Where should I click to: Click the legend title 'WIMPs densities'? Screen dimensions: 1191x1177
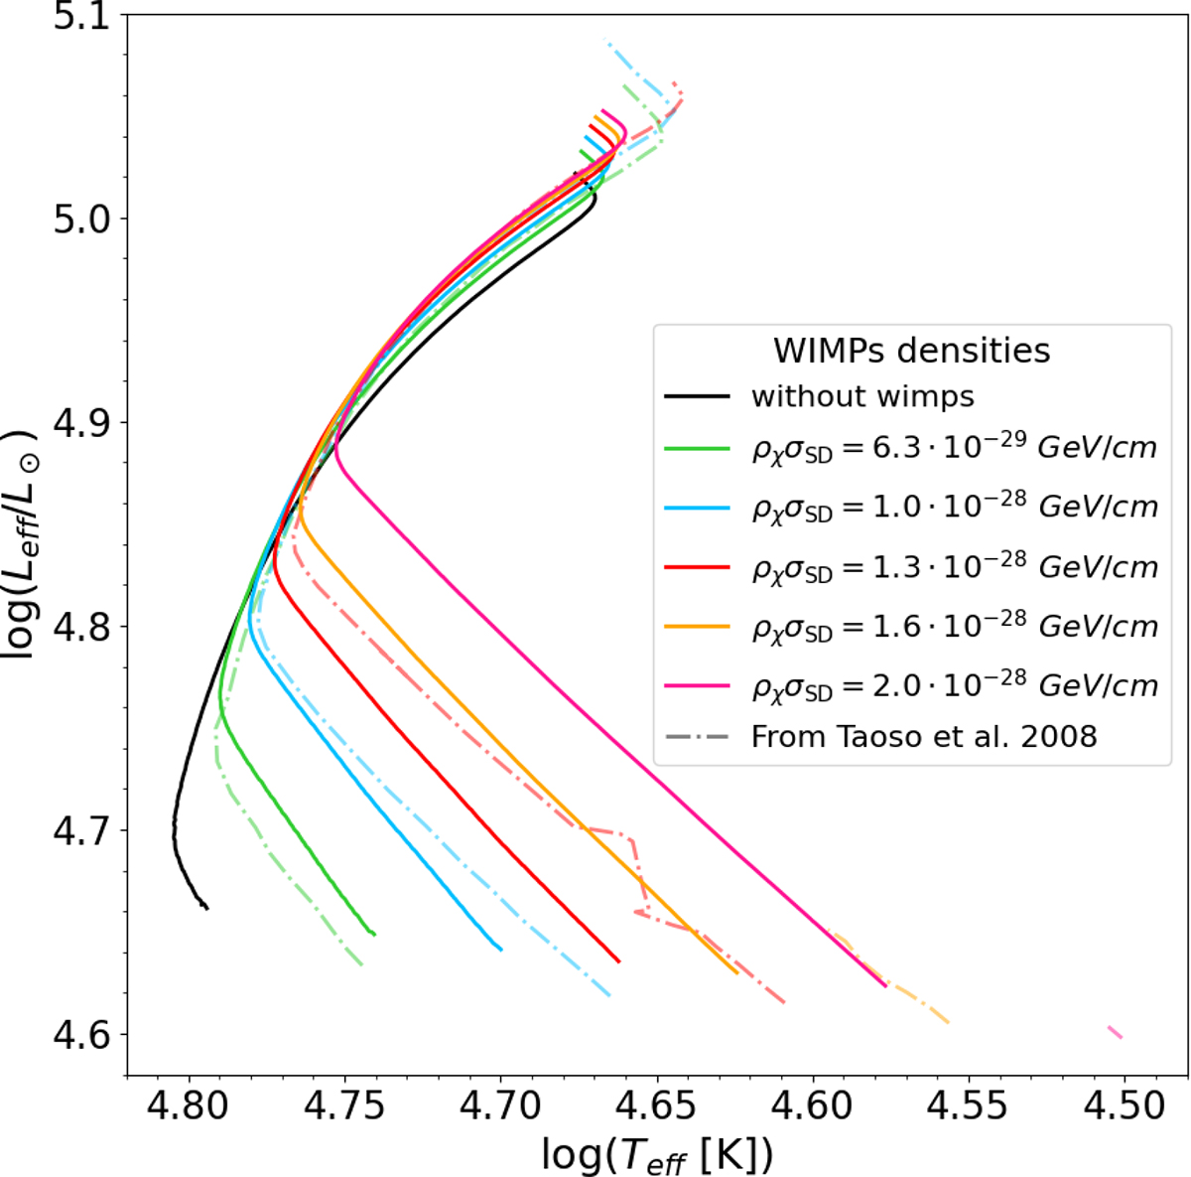[x=912, y=351]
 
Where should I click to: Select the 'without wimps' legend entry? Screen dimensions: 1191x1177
[x=820, y=396]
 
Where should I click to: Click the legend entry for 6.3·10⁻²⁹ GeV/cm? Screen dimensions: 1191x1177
[x=911, y=449]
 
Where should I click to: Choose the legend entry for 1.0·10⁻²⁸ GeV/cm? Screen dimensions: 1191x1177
[x=911, y=509]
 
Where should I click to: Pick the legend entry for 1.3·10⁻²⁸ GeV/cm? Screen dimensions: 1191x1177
[x=911, y=567]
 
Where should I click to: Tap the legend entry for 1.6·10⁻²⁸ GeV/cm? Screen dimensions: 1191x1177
[x=911, y=627]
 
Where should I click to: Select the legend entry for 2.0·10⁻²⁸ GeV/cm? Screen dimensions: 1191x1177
[x=911, y=686]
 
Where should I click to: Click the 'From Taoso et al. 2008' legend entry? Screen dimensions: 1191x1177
[x=880, y=737]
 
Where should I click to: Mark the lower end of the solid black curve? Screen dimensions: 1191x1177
[x=207, y=909]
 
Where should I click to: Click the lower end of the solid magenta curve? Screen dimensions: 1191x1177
[x=885, y=986]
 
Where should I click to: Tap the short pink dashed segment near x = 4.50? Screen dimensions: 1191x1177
[x=1115, y=1032]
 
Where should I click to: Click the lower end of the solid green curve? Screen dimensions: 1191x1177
[x=374, y=935]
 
